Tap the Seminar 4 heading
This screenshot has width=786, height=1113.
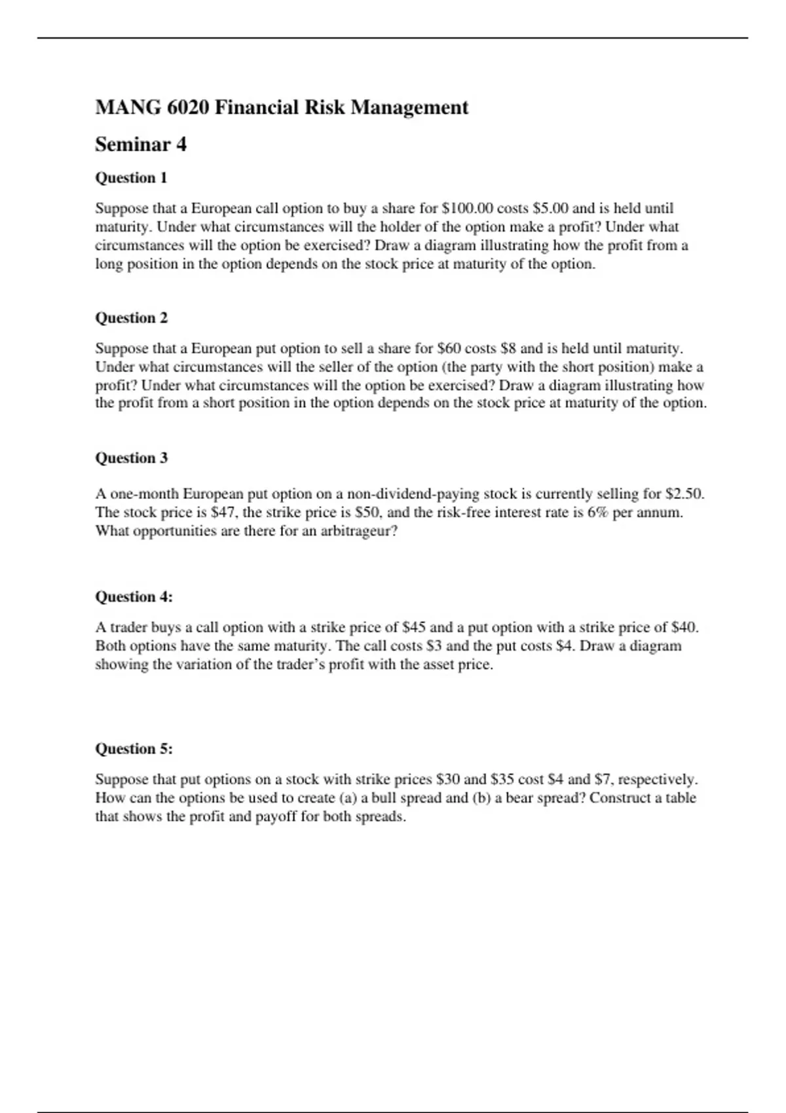(x=141, y=144)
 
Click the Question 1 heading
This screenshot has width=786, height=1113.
(x=131, y=178)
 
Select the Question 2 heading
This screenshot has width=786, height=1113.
(x=131, y=318)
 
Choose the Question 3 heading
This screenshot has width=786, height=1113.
(x=131, y=458)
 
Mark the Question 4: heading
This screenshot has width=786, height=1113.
(x=134, y=597)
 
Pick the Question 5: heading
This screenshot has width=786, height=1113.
(x=134, y=749)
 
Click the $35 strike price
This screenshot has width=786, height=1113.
(x=502, y=779)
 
